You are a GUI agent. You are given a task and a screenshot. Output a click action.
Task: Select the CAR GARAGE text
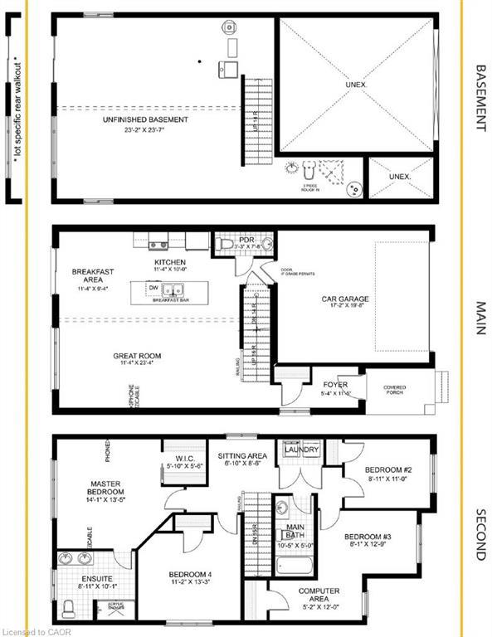(x=345, y=299)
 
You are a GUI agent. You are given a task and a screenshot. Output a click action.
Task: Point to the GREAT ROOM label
(x=138, y=356)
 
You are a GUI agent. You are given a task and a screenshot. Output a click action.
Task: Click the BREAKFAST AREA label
(x=92, y=276)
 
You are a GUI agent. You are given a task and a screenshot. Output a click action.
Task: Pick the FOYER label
(x=335, y=385)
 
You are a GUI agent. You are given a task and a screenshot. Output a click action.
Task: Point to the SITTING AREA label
(x=241, y=456)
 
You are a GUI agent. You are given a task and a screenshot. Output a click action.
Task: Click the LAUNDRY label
(x=304, y=450)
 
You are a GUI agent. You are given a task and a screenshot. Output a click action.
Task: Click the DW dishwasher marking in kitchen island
(x=153, y=288)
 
